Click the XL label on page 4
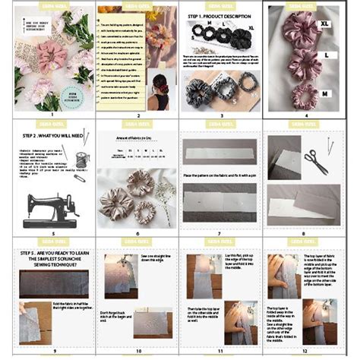(325, 24)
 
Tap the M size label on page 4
(325, 92)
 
